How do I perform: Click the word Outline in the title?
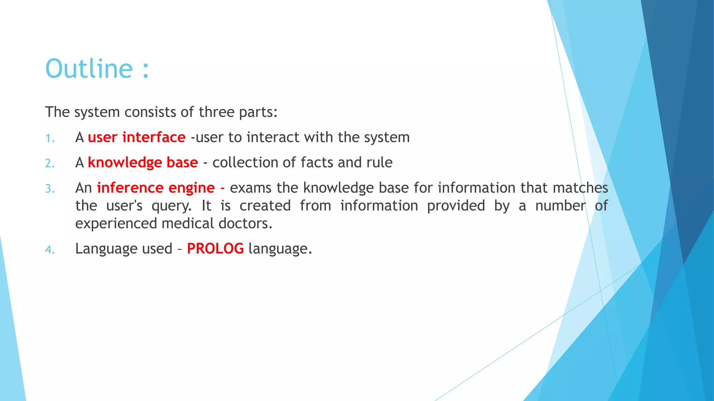[89, 69]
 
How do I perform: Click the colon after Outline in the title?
[146, 70]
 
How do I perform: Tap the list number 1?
[50, 139]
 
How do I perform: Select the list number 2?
[50, 164]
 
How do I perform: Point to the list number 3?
[50, 189]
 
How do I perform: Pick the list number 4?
[50, 250]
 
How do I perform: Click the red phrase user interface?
[137, 137]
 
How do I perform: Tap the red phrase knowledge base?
[143, 163]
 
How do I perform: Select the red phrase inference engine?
[155, 188]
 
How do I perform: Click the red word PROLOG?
[215, 249]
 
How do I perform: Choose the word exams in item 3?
[250, 188]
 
